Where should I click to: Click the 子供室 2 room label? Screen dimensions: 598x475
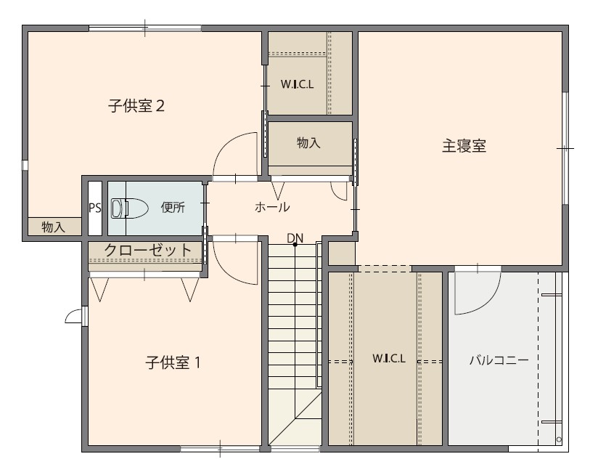pos(136,106)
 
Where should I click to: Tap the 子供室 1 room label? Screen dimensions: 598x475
pos(173,362)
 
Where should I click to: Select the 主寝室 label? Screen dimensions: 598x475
pos(464,146)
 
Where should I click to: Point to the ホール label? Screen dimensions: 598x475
pos(272,207)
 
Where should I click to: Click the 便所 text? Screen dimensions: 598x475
pos(173,207)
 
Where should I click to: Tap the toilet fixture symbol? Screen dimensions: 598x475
pos(129,208)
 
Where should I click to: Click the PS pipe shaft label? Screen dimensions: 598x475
pos(95,208)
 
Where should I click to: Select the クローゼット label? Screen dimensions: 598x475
pos(147,251)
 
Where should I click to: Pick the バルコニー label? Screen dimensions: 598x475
pos(499,360)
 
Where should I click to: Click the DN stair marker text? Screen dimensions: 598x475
pos(295,238)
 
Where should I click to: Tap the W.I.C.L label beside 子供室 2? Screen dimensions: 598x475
pos(297,84)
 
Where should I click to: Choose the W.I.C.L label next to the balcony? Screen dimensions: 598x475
pos(388,358)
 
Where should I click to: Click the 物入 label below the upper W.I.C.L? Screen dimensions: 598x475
pos(308,142)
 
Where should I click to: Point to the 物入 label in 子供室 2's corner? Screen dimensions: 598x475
pos(53,227)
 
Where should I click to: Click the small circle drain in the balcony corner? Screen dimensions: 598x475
pos(559,439)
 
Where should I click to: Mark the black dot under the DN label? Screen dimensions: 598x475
pos(295,245)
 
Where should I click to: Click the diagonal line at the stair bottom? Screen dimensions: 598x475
pos(295,419)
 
